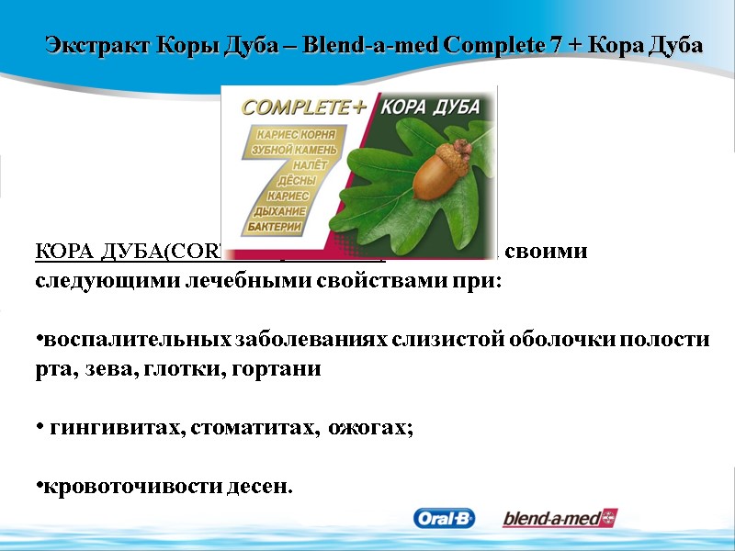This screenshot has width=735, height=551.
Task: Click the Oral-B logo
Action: pyautogui.click(x=444, y=519)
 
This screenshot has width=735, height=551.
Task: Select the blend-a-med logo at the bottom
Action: pyautogui.click(x=560, y=519)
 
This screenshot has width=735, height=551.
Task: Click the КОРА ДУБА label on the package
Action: pyautogui.click(x=440, y=106)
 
